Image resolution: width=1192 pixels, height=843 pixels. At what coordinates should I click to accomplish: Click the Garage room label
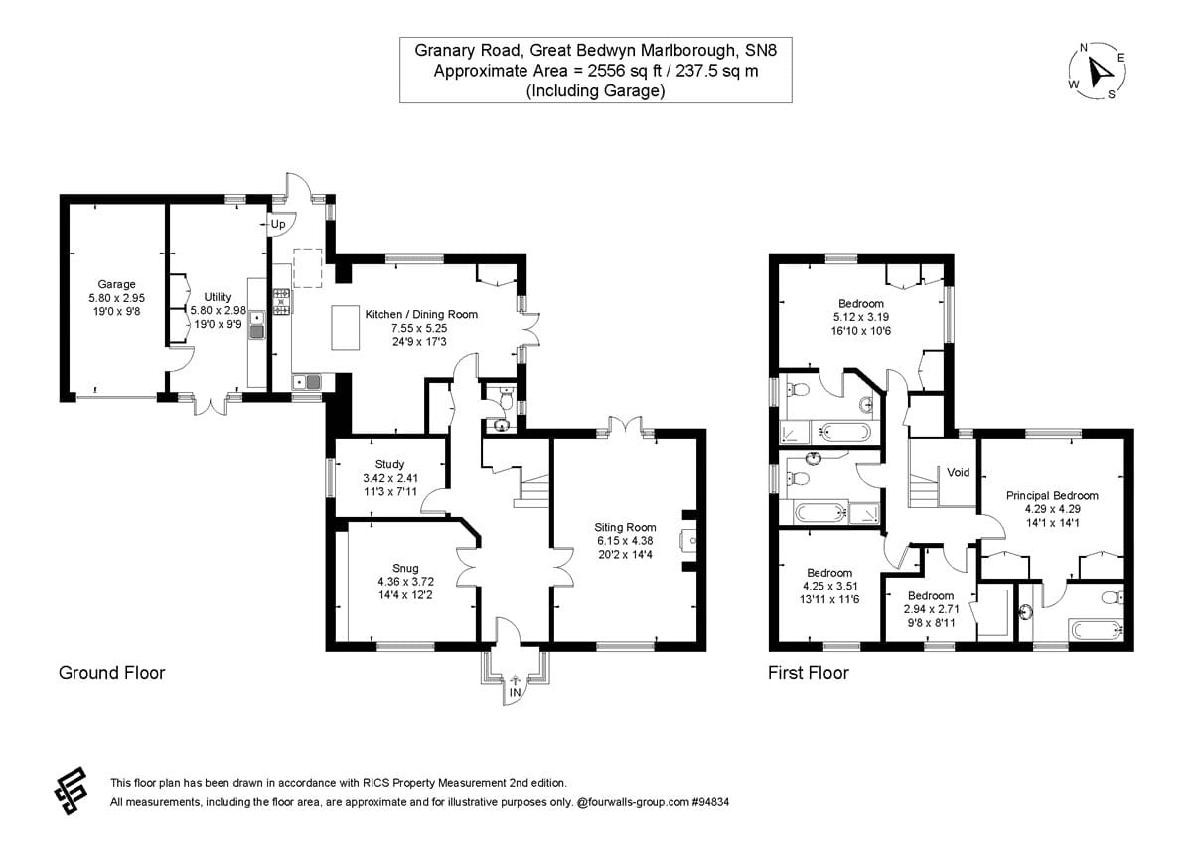[x=116, y=284]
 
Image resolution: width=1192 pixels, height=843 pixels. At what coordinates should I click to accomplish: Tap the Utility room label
[x=218, y=296]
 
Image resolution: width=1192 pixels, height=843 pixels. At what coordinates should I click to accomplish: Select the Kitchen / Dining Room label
[x=421, y=314]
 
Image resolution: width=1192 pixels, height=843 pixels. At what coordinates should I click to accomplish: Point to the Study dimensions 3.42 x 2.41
[x=389, y=477]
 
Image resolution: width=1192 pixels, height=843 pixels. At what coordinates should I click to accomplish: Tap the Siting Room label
[x=626, y=527]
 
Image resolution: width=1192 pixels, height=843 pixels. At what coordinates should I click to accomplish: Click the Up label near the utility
[x=278, y=225]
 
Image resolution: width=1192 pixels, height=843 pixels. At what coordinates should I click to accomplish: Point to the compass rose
[x=1098, y=71]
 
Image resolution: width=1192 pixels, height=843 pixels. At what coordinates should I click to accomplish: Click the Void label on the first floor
[x=958, y=472]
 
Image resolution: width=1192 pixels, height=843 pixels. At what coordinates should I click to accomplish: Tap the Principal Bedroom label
[x=1052, y=495]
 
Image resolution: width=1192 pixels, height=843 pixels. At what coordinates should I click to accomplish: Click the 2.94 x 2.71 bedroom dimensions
[x=929, y=609]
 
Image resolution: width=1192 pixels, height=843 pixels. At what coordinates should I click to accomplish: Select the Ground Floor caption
[x=111, y=673]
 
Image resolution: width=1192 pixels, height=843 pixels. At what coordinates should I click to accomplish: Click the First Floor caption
[x=809, y=673]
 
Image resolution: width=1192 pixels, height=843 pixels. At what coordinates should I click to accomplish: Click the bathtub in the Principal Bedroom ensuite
[x=1095, y=630]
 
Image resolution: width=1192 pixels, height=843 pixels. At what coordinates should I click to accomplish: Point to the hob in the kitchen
[x=281, y=301]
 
